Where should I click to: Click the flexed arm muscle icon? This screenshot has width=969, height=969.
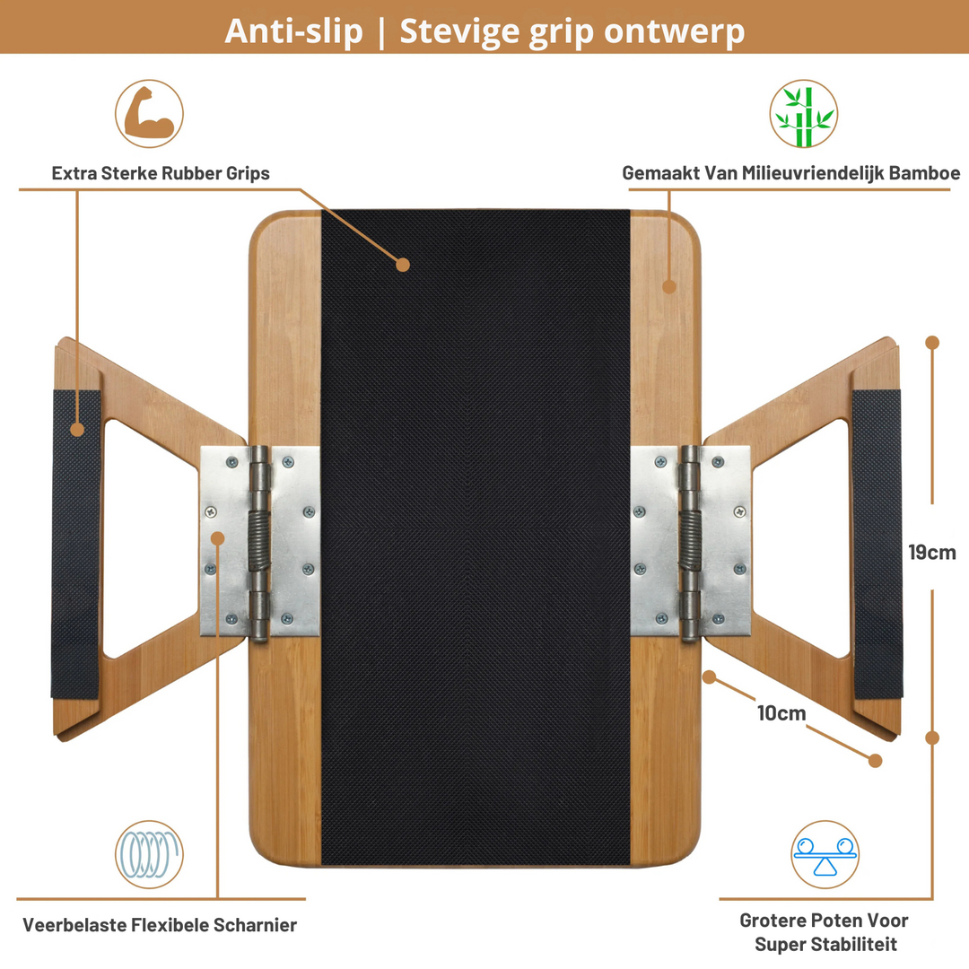(x=149, y=113)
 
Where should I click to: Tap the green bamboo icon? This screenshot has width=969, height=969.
(x=803, y=113)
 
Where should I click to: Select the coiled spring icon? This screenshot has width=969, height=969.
(x=149, y=854)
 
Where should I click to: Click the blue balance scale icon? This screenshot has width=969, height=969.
(x=825, y=854)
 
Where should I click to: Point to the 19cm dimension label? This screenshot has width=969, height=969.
(x=932, y=552)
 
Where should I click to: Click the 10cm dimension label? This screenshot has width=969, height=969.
(x=781, y=713)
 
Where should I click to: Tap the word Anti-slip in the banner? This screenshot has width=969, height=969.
(x=292, y=31)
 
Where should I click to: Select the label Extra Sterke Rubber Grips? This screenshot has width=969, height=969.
(x=161, y=173)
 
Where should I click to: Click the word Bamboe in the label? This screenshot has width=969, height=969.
(x=924, y=173)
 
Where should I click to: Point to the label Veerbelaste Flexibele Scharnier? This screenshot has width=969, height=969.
(x=160, y=924)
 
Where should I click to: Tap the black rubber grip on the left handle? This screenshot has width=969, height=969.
(x=76, y=544)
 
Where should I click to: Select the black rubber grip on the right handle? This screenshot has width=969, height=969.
(x=877, y=544)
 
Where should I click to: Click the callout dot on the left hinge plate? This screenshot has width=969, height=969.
(x=217, y=538)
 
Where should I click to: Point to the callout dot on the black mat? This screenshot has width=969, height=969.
(x=403, y=265)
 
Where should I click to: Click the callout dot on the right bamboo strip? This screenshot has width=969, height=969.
(x=669, y=286)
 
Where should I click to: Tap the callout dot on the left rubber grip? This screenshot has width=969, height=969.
(x=77, y=429)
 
